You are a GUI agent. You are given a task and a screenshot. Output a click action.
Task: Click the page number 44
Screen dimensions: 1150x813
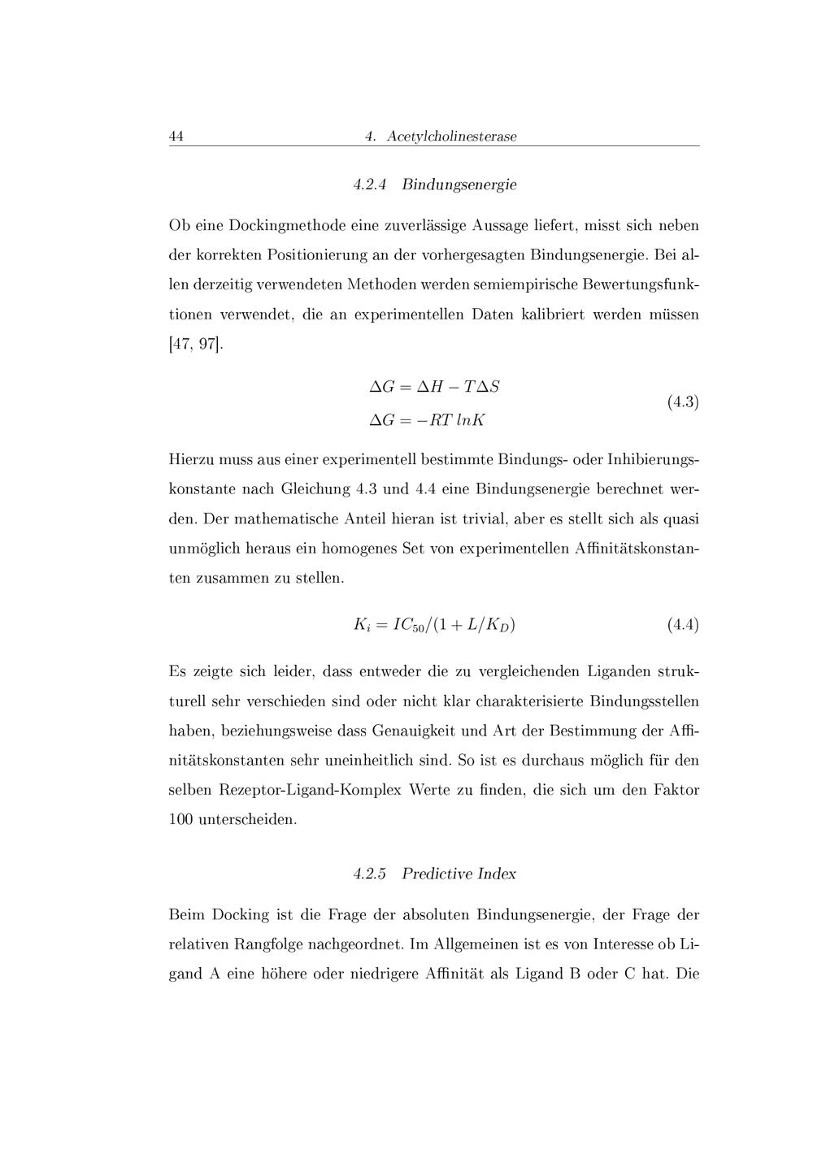pos(176,136)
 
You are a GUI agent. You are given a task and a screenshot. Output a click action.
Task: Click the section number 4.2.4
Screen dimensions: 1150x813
pos(370,184)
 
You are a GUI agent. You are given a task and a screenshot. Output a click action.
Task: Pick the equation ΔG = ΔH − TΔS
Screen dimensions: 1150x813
pos(434,387)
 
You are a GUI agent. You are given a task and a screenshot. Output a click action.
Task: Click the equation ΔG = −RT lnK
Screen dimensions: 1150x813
pos(428,420)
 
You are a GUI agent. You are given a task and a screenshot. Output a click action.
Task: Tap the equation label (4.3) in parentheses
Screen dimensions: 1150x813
pos(683,402)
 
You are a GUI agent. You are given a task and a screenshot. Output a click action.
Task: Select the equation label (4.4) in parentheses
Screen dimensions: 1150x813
pos(683,625)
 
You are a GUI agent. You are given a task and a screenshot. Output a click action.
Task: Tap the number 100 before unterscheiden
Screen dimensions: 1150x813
pos(180,819)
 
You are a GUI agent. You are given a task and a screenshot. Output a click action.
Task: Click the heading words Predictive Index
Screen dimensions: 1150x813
pos(459,874)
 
